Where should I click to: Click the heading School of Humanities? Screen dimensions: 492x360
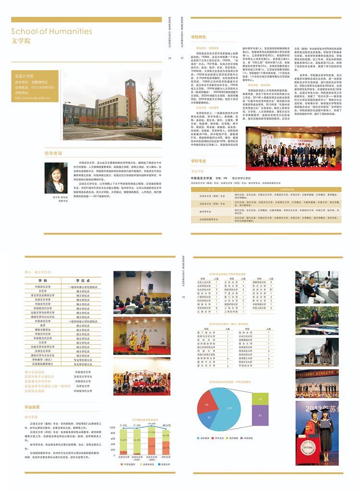click(x=52, y=32)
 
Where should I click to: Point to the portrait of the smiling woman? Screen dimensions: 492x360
click(x=57, y=176)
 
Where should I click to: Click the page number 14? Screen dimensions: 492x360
click(x=170, y=58)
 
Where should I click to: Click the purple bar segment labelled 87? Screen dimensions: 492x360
click(x=260, y=415)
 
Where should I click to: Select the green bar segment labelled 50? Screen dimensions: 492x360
click(x=260, y=399)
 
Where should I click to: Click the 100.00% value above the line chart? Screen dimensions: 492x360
click(x=152, y=424)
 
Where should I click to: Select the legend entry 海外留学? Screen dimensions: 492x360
click(x=205, y=438)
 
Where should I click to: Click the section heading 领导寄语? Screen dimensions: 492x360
click(x=53, y=153)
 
